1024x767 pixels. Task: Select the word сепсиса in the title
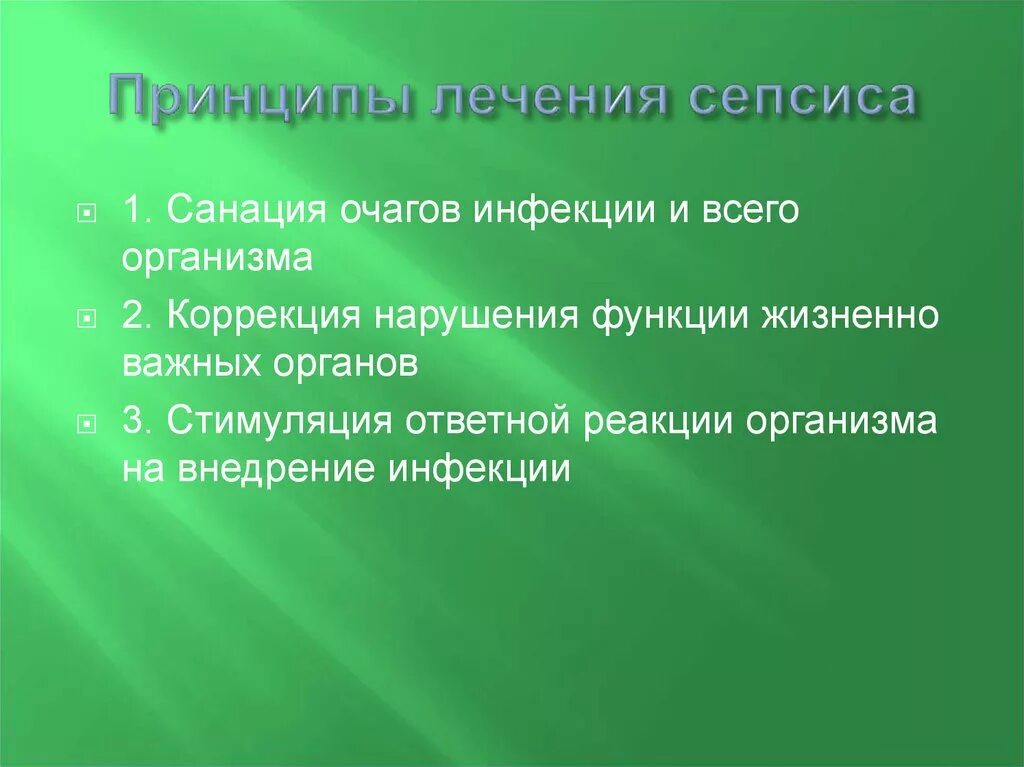click(803, 101)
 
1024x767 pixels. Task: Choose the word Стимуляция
click(278, 421)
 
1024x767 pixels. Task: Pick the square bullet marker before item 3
click(88, 422)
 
